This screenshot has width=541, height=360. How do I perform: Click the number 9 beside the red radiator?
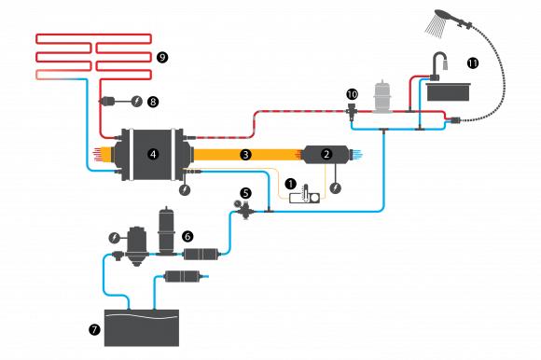162,58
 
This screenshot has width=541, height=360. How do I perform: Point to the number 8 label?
153,101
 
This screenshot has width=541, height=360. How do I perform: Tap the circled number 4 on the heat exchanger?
153,154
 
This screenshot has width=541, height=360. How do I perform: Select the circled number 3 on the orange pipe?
245,154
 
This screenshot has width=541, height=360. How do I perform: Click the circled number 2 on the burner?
326,154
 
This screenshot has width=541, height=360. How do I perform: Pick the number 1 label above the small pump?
290,184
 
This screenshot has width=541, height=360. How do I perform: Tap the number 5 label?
246,194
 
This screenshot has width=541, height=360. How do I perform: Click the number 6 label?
187,237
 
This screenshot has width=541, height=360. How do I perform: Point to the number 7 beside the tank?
94,329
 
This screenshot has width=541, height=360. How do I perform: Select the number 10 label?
352,94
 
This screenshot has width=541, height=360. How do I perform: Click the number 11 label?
473,63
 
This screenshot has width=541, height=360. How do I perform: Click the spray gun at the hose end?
440,22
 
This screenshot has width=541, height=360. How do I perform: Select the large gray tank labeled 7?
141,327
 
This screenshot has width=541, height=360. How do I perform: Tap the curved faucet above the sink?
439,62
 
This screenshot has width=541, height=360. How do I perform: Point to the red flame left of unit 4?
96,154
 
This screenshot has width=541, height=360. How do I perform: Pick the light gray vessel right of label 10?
381,97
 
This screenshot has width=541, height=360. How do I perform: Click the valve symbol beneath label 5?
246,211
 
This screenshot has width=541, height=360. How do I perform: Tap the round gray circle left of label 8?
137,101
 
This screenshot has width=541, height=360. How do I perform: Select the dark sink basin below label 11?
448,92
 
